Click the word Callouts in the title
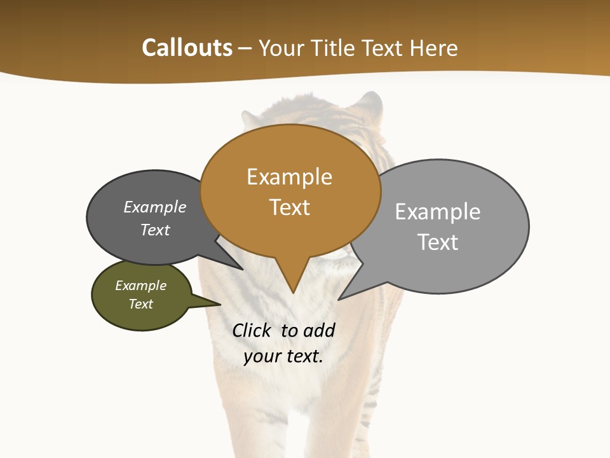(187, 48)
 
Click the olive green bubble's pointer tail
(210, 302)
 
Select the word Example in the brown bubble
(289, 177)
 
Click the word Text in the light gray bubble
(438, 242)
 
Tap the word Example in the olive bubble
(140, 286)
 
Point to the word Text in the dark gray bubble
(155, 230)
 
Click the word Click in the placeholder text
(251, 330)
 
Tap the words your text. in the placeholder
(283, 356)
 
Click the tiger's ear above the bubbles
(369, 105)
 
